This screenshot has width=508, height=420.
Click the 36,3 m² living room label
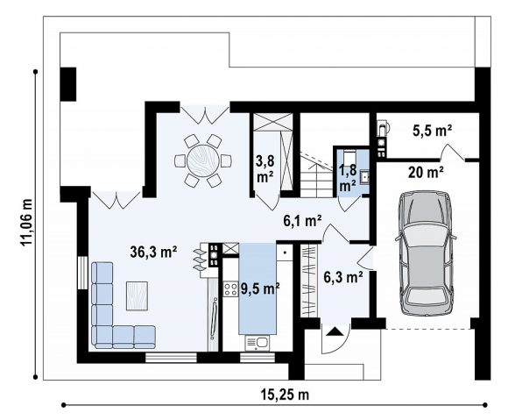click(x=153, y=252)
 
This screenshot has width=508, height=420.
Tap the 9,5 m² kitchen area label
click(x=260, y=288)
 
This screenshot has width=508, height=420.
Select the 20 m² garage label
click(x=426, y=172)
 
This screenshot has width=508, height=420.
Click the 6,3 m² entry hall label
click(x=343, y=277)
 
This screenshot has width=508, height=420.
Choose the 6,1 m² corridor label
click(x=302, y=221)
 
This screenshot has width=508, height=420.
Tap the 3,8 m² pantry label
click(x=265, y=168)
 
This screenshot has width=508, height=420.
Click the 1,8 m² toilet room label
click(x=348, y=178)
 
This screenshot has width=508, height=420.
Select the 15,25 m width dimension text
click(x=285, y=395)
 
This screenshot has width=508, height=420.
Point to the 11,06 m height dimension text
click(x=26, y=222)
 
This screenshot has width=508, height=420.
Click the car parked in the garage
click(x=426, y=253)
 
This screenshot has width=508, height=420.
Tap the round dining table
click(x=203, y=160)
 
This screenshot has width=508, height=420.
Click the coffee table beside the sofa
click(x=137, y=295)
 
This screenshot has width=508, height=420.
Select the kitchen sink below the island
click(x=258, y=343)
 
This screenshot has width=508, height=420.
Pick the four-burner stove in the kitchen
click(x=230, y=289)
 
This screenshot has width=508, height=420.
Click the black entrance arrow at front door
click(x=335, y=331)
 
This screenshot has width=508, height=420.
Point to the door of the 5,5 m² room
click(x=452, y=153)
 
